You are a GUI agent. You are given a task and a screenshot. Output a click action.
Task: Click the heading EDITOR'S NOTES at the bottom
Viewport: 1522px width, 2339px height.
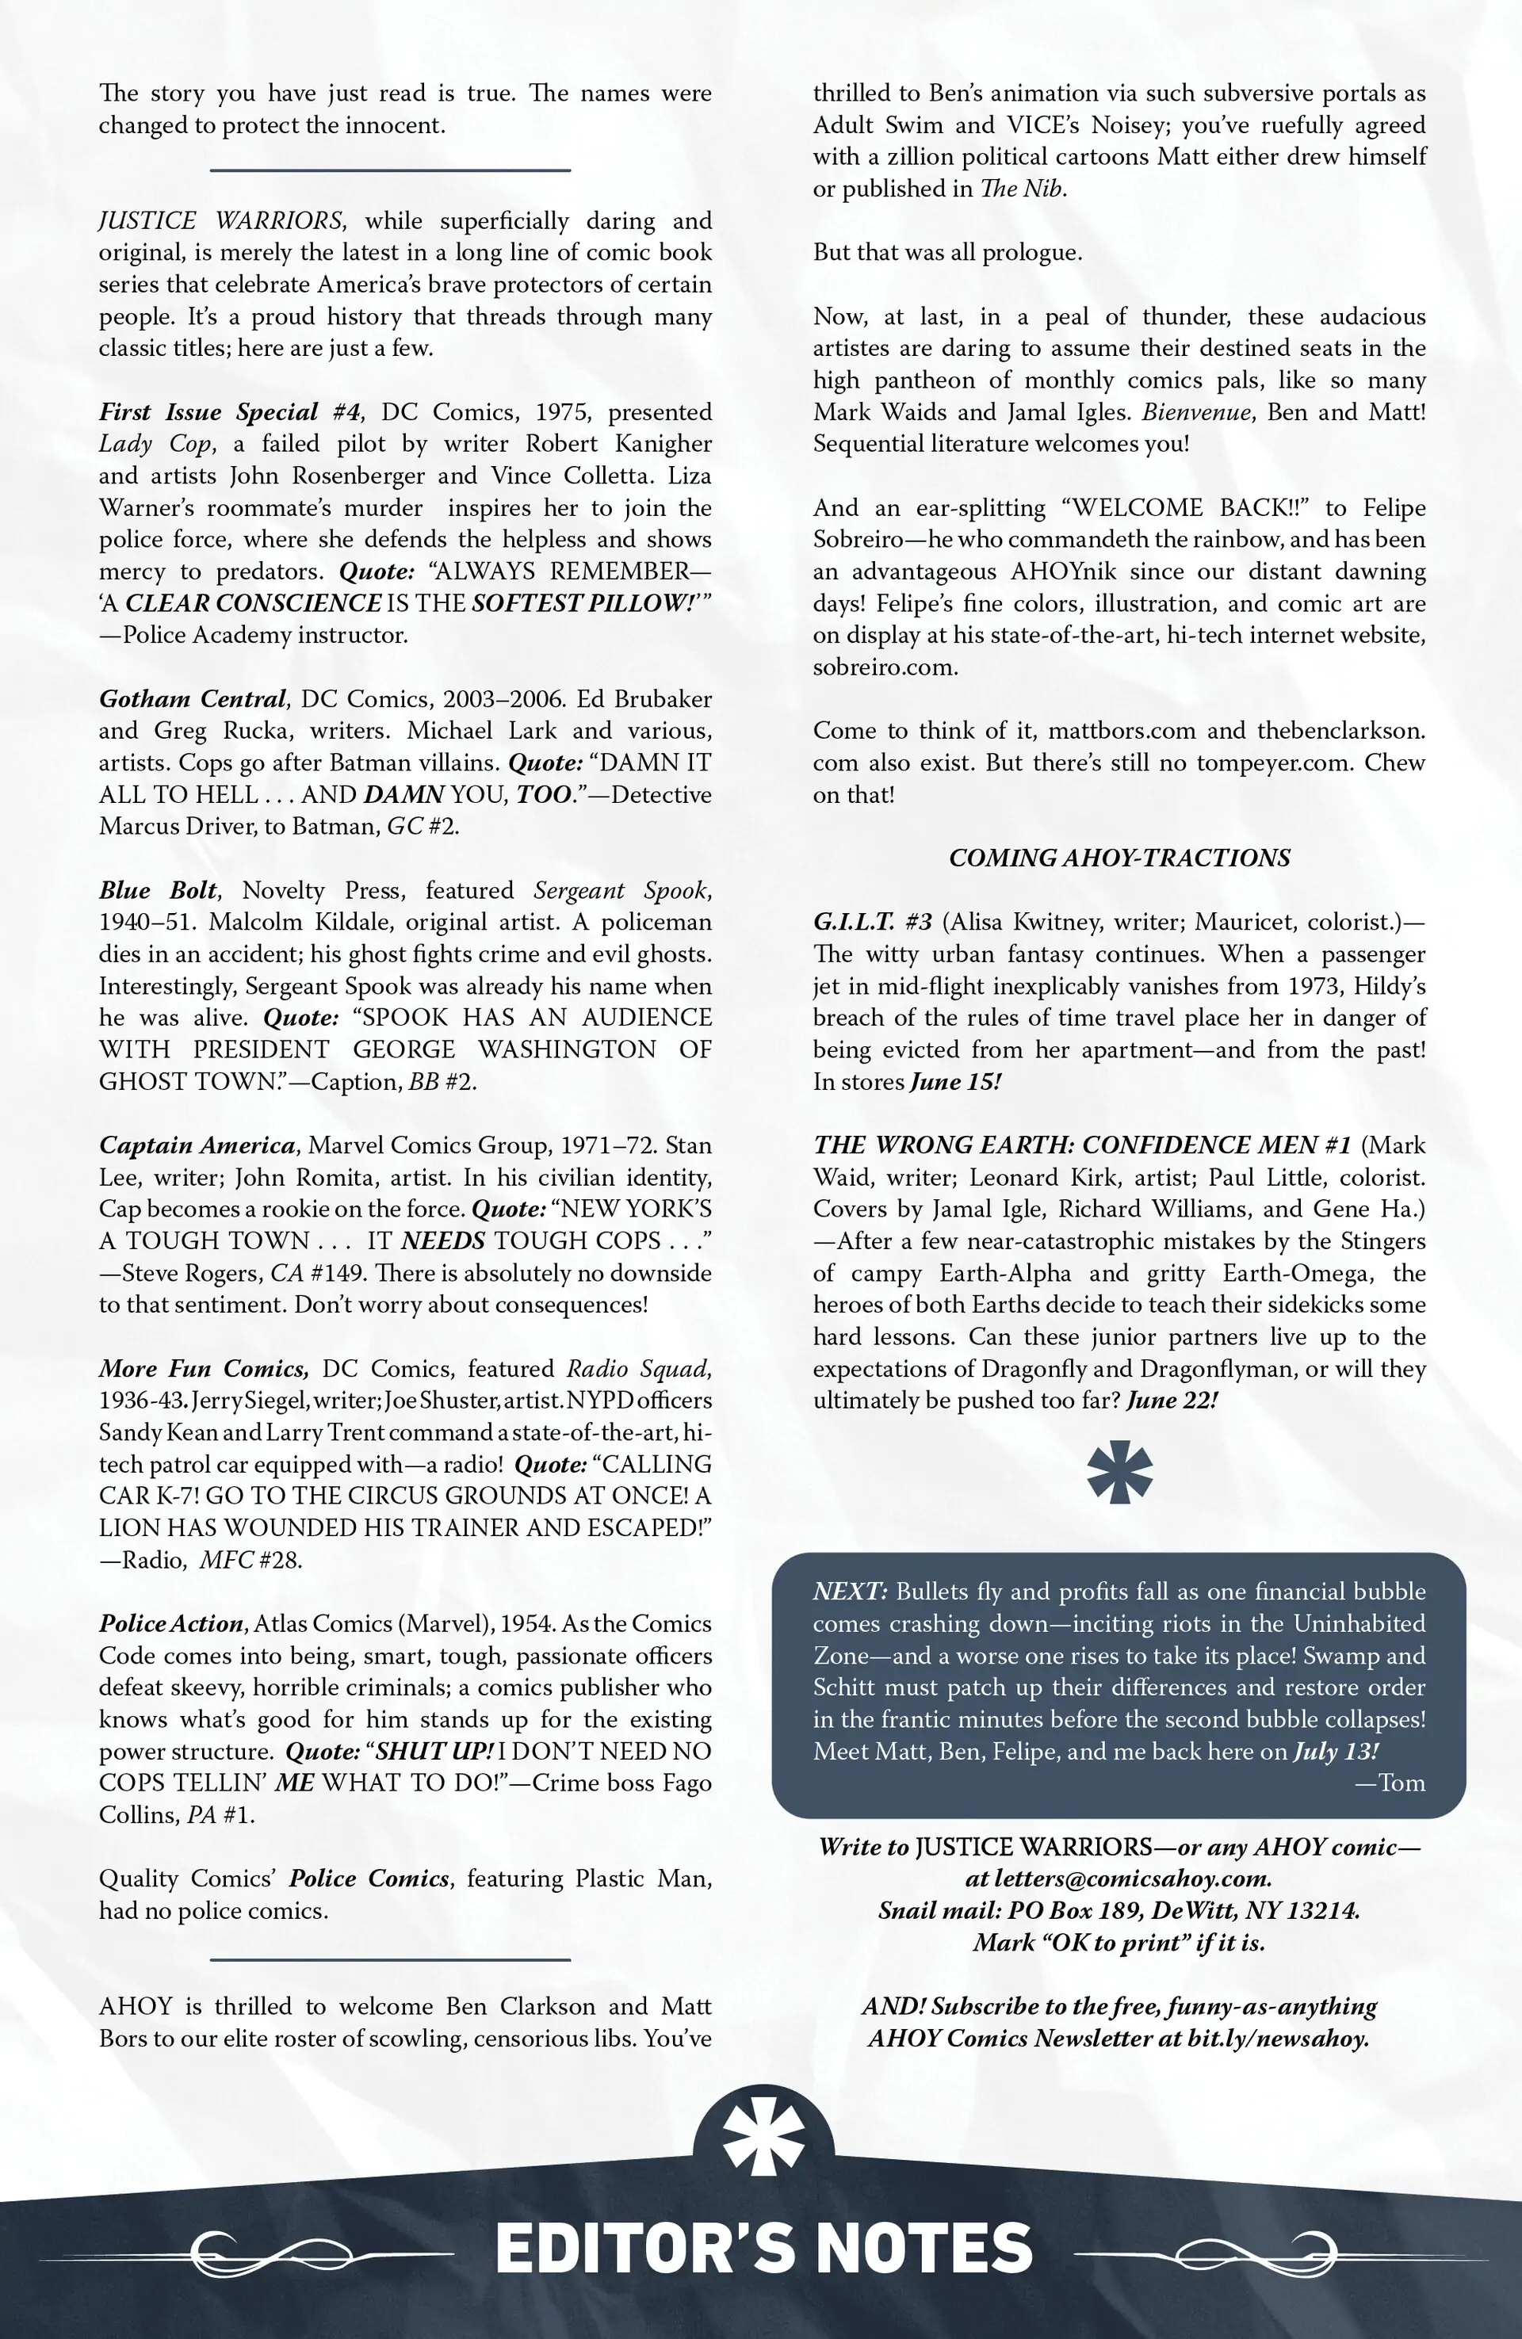pyautogui.click(x=764, y=2249)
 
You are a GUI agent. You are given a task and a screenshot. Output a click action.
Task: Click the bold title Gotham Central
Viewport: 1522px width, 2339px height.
pyautogui.click(x=193, y=699)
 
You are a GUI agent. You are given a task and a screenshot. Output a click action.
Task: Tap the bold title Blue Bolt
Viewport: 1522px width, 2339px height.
pyautogui.click(x=157, y=890)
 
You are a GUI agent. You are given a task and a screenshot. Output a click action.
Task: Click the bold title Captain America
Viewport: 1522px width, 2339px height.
pyautogui.click(x=197, y=1145)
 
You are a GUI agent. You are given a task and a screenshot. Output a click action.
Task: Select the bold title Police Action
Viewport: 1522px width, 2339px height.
pyautogui.click(x=171, y=1623)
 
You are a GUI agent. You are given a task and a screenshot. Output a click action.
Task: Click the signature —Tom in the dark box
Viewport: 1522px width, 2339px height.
pyautogui.click(x=1390, y=1783)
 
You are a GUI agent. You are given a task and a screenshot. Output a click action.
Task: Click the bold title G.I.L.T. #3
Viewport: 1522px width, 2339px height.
pyautogui.click(x=872, y=922)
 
